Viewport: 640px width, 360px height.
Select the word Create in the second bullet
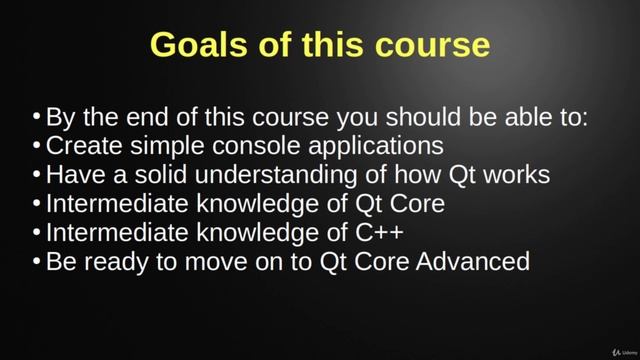pyautogui.click(x=81, y=146)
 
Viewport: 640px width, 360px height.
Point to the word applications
pyautogui.click(x=382, y=147)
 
